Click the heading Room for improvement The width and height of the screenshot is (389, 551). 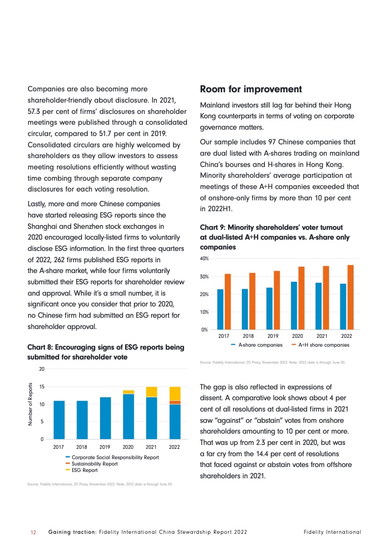point(251,89)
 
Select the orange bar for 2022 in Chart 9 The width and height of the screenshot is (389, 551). point(350,297)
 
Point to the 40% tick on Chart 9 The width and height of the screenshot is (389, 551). point(205,258)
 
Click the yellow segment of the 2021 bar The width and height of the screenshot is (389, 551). point(152,391)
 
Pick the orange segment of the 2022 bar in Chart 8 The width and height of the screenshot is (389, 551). point(174,402)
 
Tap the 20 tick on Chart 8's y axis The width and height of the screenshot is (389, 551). point(42,369)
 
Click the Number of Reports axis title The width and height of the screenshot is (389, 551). point(30,404)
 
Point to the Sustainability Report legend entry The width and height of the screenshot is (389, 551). point(95,464)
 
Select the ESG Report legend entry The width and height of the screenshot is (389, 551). point(84,470)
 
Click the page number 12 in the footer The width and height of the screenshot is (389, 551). point(34,532)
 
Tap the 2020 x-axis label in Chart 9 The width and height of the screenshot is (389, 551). point(297,336)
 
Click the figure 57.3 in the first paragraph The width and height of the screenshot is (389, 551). point(36,111)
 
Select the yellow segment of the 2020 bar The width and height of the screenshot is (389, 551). point(129,392)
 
